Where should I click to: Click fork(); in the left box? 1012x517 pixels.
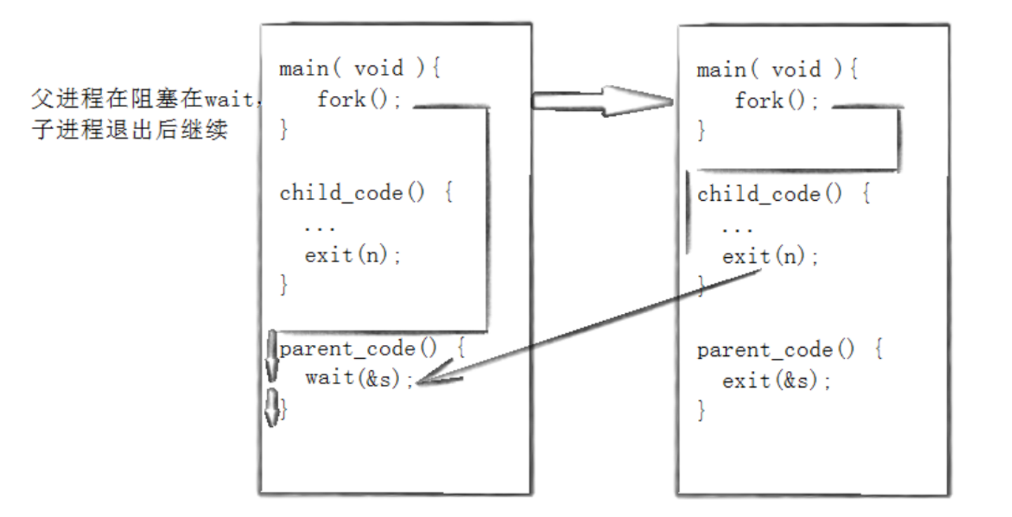coord(359,100)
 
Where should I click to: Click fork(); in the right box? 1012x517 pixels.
coord(777,101)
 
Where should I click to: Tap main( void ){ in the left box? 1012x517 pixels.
coord(359,70)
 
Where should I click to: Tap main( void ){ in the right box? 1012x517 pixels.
coord(777,70)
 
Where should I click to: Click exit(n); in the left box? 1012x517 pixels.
coord(353,255)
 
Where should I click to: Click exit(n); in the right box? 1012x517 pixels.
coord(770,256)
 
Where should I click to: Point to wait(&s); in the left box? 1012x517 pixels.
coord(359,378)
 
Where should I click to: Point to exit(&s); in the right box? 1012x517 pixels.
coord(777,381)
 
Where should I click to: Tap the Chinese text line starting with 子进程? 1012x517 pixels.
coord(129,131)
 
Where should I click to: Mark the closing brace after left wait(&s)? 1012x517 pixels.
coord(284,409)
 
